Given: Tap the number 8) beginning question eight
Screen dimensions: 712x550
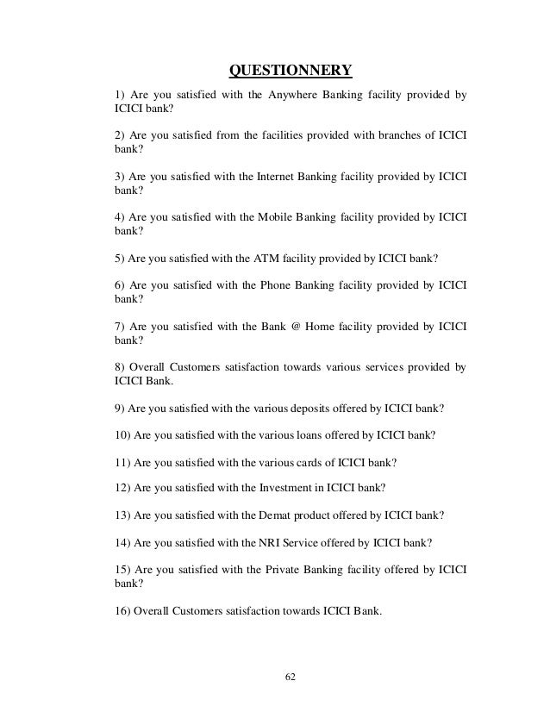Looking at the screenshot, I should [x=120, y=365].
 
